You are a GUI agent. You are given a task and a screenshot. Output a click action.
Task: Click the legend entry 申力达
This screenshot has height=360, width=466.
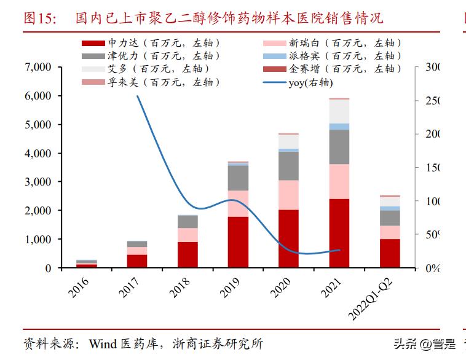pyautogui.click(x=151, y=43)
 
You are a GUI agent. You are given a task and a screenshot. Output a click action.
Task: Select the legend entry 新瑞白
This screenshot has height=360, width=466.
pyautogui.click(x=332, y=43)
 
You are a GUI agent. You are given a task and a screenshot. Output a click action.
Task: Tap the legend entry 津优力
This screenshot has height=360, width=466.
pyautogui.click(x=151, y=56)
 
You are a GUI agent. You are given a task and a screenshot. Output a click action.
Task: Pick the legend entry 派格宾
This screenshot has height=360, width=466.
pyautogui.click(x=332, y=56)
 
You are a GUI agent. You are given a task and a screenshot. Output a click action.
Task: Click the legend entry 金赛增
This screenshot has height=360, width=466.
pyautogui.click(x=332, y=69)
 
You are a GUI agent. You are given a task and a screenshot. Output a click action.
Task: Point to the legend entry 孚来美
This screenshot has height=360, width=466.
pyautogui.click(x=151, y=82)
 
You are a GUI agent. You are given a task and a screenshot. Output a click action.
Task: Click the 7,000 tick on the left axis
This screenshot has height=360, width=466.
pyautogui.click(x=38, y=67)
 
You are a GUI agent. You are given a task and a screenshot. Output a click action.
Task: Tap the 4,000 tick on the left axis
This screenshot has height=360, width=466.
pyautogui.click(x=38, y=153)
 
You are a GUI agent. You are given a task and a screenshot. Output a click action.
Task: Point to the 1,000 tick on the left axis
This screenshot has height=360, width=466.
pyautogui.click(x=38, y=239)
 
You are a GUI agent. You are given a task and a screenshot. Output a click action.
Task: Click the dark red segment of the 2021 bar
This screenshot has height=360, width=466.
pyautogui.click(x=339, y=233)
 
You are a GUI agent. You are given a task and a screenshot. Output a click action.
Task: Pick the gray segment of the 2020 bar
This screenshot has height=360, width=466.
pyautogui.click(x=288, y=165)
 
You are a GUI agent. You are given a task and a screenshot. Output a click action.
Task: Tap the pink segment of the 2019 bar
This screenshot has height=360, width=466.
pyautogui.click(x=238, y=203)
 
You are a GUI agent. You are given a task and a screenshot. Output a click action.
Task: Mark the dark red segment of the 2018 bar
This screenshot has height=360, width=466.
pyautogui.click(x=188, y=254)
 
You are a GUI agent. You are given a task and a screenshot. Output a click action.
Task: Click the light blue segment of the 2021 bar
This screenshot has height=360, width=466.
pyautogui.click(x=339, y=127)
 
